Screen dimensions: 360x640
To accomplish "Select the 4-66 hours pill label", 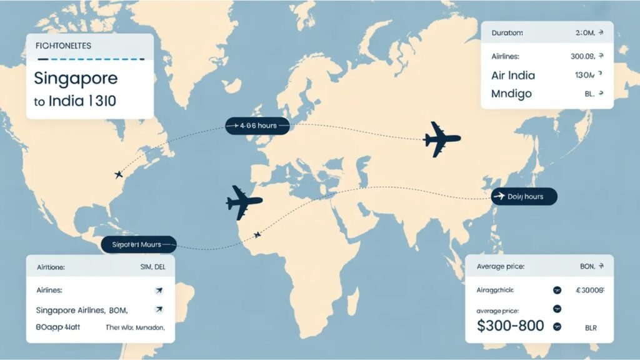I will [257, 126].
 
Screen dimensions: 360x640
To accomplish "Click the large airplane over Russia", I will [441, 139].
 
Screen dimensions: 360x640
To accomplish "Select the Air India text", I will [512, 75].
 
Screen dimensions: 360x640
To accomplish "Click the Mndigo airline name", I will [511, 94].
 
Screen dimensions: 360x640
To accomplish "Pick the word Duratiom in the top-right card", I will [507, 32].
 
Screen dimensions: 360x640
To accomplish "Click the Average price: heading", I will [500, 266].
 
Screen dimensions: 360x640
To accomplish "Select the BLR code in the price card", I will [591, 327].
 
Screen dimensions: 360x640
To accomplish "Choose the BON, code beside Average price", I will [587, 266].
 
